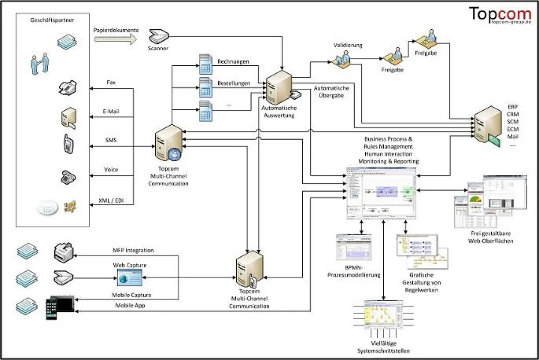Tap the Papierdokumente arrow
[115, 39]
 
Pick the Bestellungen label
[234, 83]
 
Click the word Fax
[111, 82]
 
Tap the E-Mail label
[111, 111]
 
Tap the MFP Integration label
[133, 250]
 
